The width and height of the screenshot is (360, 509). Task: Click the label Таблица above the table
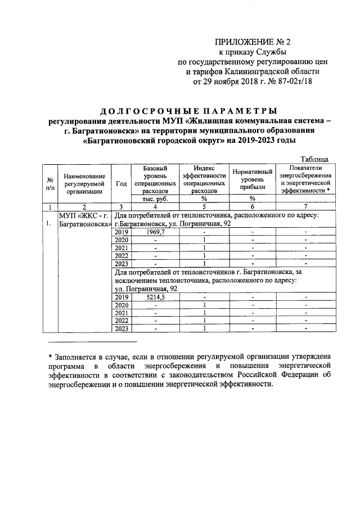click(317, 160)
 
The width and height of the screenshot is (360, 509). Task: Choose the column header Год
click(120, 183)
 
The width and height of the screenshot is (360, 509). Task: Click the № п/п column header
click(49, 183)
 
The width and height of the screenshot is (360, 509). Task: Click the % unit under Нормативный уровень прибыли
click(253, 199)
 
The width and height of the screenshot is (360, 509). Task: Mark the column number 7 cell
click(305, 206)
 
